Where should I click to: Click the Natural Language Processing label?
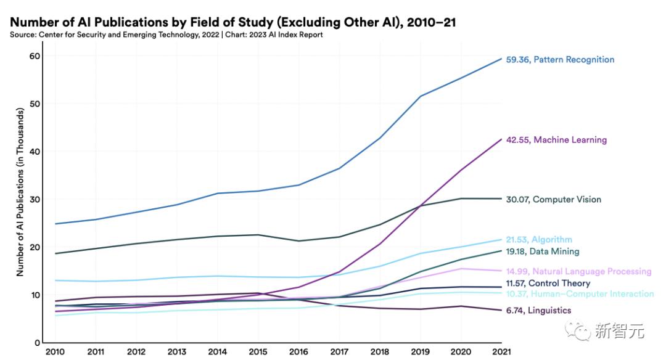578,271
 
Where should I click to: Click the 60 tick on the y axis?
35,56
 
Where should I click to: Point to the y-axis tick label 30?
35,200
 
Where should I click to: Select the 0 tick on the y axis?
38,343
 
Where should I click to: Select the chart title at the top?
232,23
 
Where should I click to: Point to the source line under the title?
166,35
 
